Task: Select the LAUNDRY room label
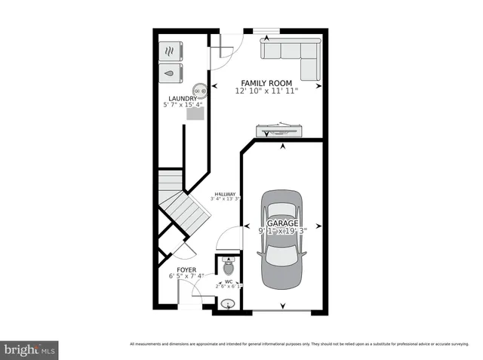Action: coord(183,98)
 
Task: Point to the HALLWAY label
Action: coord(225,194)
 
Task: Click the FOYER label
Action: coord(186,269)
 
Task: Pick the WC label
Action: coord(228,282)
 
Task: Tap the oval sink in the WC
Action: coord(228,304)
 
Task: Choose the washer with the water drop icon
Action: coord(171,73)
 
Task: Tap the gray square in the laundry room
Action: coord(195,114)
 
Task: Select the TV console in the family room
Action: coord(280,129)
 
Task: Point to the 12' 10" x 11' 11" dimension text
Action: coord(266,90)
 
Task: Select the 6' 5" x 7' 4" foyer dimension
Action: coord(186,276)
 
